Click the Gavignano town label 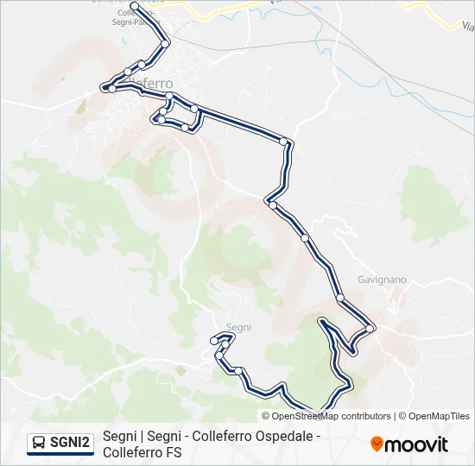(x=382, y=280)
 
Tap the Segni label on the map (x=238, y=327)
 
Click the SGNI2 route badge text (x=70, y=444)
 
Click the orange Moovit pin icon (x=377, y=444)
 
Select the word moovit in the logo (x=416, y=444)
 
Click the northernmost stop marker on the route (x=134, y=7)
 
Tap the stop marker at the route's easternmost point (x=370, y=328)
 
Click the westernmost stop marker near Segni (x=214, y=342)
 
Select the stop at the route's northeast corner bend (x=284, y=142)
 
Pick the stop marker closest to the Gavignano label (x=340, y=298)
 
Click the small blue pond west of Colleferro (x=63, y=79)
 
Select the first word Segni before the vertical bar (x=118, y=437)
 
